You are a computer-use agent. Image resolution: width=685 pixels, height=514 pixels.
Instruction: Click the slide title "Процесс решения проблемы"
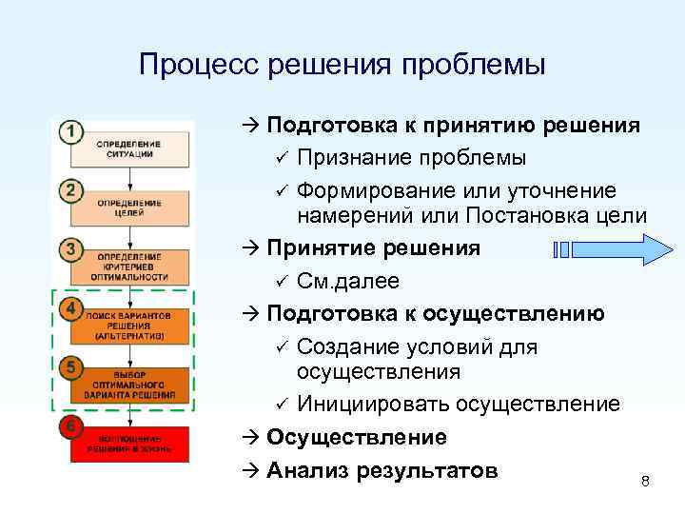coord(342,65)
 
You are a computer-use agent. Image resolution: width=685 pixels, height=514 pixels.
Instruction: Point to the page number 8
coord(645,482)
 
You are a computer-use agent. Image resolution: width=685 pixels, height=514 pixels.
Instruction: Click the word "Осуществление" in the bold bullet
coord(357,438)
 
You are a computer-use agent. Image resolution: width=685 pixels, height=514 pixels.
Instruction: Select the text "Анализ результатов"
coord(382,470)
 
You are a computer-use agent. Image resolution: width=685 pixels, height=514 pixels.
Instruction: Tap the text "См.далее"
coord(348,282)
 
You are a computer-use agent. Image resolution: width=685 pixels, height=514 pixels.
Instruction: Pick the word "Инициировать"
coord(373,405)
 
